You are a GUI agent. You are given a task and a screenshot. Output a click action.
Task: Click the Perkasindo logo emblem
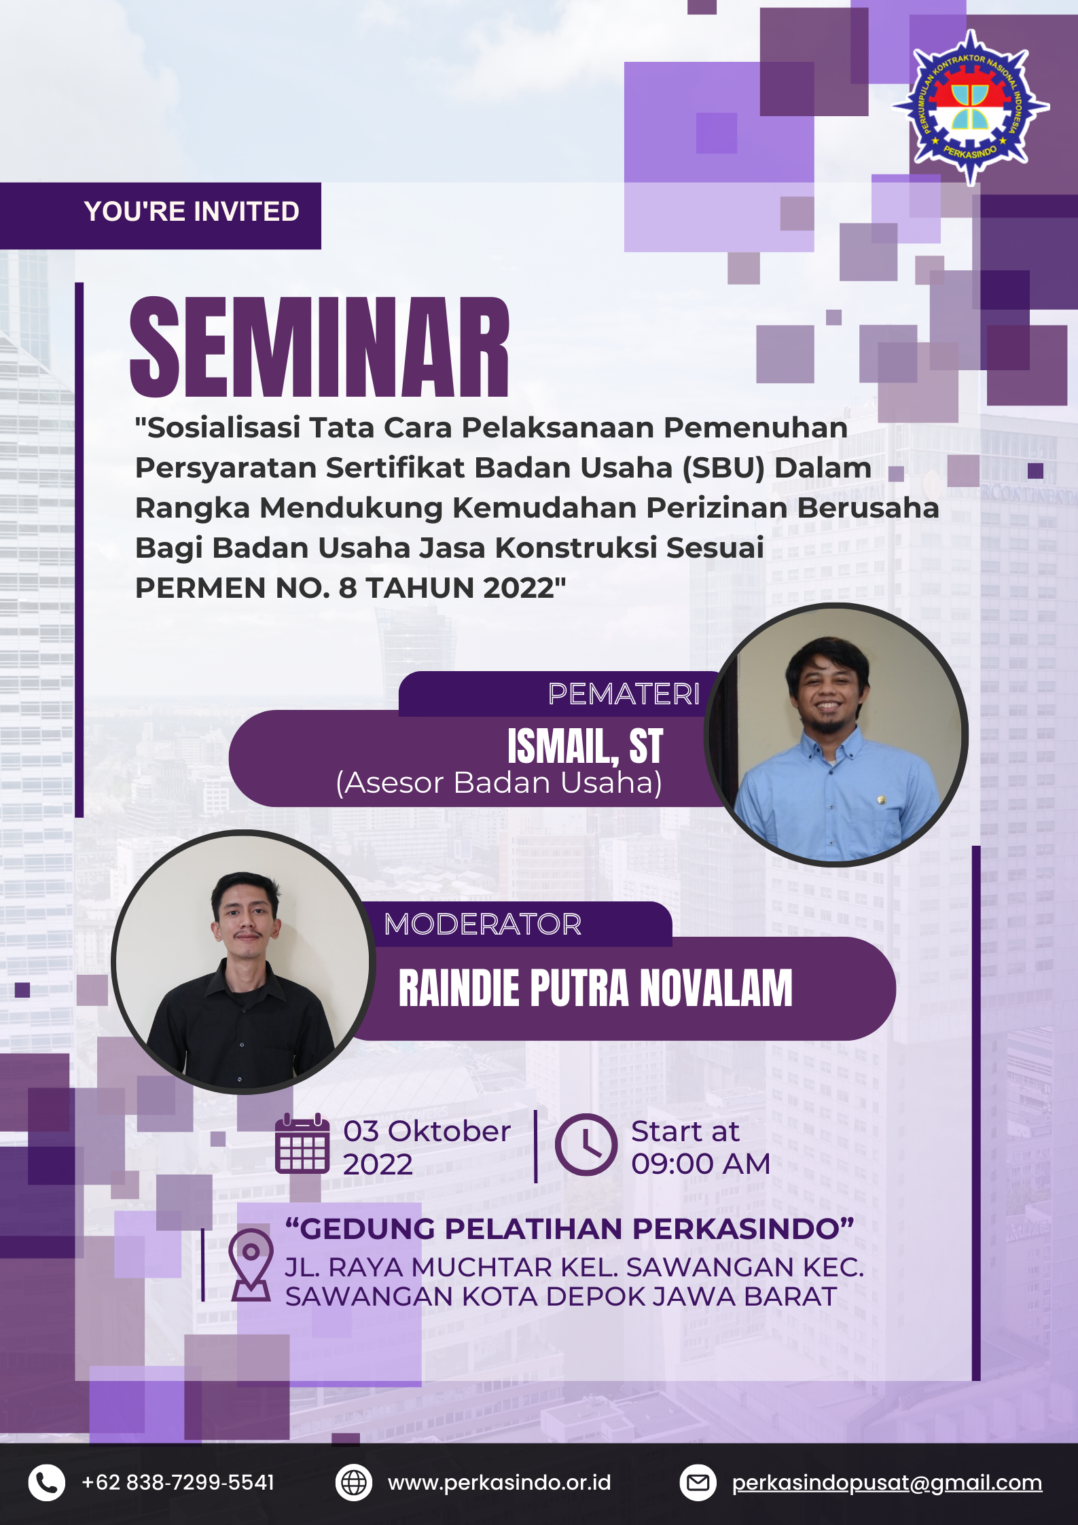pos(971,107)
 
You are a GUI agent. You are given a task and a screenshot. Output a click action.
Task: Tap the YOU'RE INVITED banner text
pos(192,212)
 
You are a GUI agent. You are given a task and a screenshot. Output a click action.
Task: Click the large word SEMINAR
pos(319,347)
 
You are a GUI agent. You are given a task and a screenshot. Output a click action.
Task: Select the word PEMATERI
pos(624,694)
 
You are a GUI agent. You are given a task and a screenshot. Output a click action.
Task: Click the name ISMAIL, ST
pos(585,746)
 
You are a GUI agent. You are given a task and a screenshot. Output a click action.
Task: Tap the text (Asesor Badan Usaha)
pos(499,783)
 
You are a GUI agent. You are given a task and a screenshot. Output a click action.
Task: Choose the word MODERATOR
pos(483,924)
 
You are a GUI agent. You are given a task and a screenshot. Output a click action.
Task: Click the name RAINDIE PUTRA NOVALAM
pos(596,988)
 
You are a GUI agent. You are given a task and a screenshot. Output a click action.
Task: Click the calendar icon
pos(302,1144)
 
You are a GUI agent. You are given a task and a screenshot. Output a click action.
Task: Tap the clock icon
pos(586,1145)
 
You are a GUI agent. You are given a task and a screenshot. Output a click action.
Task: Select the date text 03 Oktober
pos(427,1131)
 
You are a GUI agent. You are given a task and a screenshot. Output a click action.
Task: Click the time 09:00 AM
pos(700,1164)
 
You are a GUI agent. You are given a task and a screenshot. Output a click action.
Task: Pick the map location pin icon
pos(251,1264)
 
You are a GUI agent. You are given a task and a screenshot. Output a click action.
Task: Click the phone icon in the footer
pos(47,1482)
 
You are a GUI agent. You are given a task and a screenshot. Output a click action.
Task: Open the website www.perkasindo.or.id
pos(499,1482)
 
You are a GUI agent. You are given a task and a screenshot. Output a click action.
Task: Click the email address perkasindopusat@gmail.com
pos(887,1483)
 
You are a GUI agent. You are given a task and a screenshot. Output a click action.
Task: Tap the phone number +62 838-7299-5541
pos(178,1482)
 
